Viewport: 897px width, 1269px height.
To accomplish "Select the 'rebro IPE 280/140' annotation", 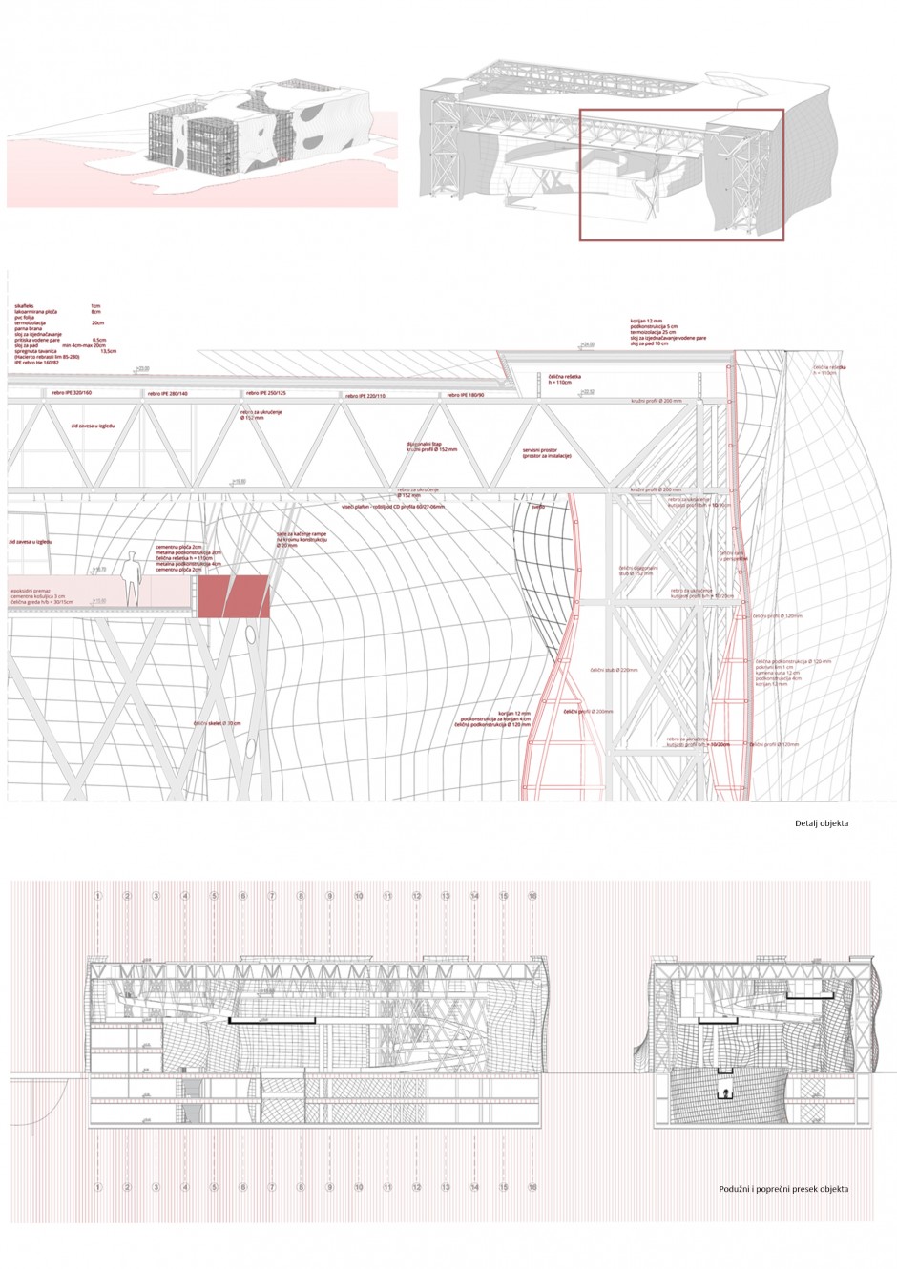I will click(168, 393).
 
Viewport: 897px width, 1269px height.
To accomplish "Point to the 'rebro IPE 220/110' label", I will click(365, 394).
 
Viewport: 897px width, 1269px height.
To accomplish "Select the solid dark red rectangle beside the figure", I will click(234, 596).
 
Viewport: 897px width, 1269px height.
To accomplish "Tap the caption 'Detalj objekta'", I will click(822, 822).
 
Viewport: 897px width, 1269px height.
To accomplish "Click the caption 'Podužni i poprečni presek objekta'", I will click(783, 1189).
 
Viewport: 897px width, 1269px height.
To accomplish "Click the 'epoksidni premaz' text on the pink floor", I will click(30, 591).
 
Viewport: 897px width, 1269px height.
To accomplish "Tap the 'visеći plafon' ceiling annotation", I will click(391, 508).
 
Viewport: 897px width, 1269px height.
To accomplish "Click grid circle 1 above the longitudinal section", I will click(97, 897).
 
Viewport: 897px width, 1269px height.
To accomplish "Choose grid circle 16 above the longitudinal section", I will click(532, 897).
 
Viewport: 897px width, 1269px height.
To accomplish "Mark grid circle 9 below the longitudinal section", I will click(329, 1188).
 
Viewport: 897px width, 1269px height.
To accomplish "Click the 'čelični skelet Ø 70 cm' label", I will click(218, 725).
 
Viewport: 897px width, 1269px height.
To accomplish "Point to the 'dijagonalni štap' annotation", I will click(428, 445).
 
